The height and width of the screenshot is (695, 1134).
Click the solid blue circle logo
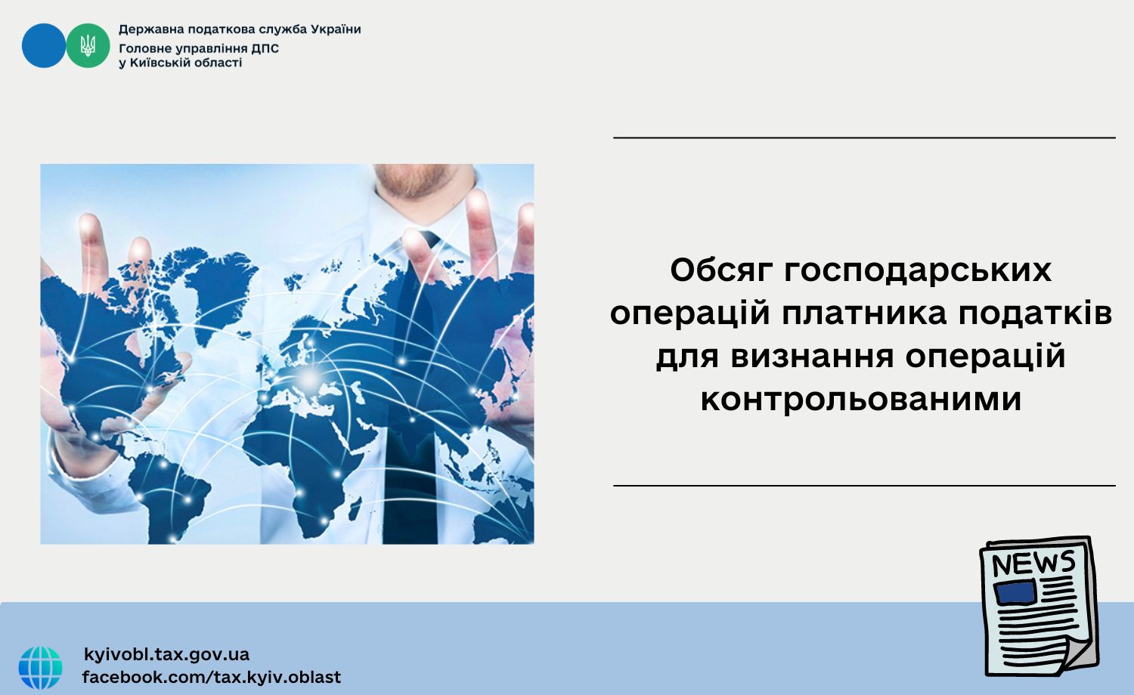[x=44, y=45]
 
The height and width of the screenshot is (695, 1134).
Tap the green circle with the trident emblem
[x=88, y=45]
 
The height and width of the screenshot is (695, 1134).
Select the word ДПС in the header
[x=265, y=48]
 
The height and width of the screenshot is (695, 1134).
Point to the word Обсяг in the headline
[x=723, y=270]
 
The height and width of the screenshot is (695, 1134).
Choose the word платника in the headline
[x=863, y=314]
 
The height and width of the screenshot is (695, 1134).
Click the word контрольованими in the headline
[x=860, y=400]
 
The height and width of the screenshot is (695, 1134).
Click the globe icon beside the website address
[x=41, y=667]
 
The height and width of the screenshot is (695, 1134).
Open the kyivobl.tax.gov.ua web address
[x=166, y=654]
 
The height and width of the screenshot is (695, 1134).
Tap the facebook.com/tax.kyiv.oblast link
[x=212, y=677]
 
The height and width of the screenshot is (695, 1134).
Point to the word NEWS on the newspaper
[x=1033, y=563]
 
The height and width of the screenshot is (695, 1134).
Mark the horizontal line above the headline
[x=864, y=137]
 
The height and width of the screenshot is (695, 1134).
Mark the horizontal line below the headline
[x=864, y=486]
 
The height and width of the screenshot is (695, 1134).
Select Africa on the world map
[x=308, y=456]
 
